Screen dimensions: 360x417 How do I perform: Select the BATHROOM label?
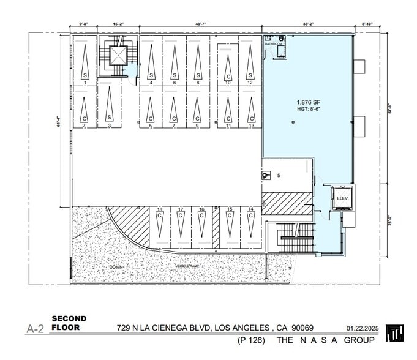[x=274, y=45]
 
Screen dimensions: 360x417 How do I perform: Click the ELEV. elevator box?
[x=340, y=198]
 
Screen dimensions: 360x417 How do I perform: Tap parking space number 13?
[x=250, y=126]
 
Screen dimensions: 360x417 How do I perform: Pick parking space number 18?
[x=159, y=209]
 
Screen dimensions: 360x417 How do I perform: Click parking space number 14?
[x=250, y=209]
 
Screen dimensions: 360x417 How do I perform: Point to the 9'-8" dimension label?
[x=84, y=24]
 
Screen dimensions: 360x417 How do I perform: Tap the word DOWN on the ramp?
[x=115, y=268]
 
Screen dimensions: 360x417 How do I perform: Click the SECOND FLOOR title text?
[x=69, y=323]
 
